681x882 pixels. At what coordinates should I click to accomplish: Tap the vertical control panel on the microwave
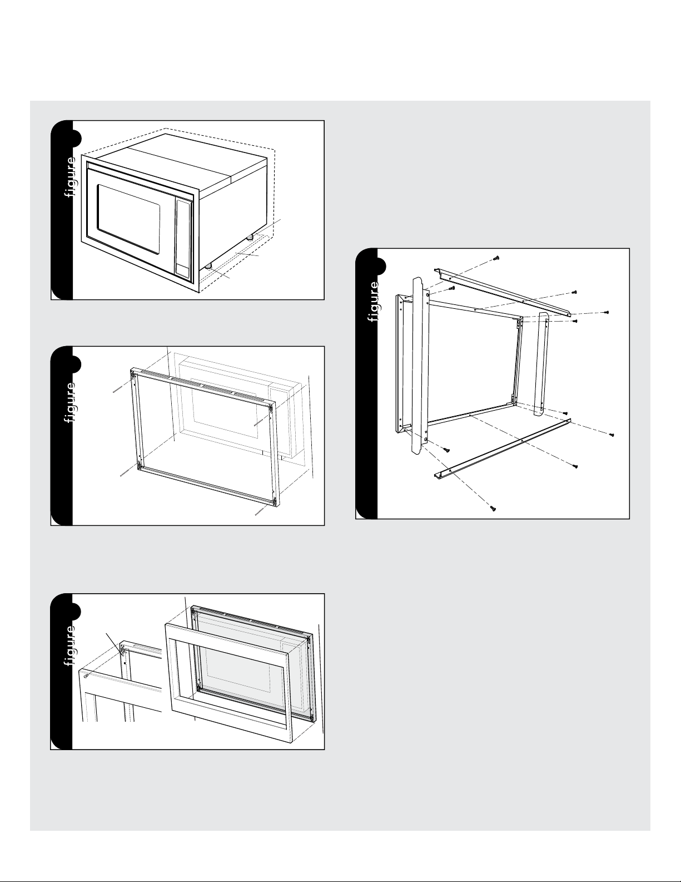[x=183, y=239]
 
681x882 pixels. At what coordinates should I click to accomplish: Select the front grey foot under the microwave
[x=209, y=266]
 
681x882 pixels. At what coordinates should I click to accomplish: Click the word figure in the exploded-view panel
[x=374, y=302]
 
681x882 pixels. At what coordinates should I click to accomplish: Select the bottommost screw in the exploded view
[x=493, y=508]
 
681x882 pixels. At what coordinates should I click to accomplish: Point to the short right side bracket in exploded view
[x=543, y=364]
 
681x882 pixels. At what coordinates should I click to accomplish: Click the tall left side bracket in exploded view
[x=420, y=366]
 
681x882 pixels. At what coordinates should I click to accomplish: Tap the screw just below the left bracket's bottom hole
[x=446, y=450]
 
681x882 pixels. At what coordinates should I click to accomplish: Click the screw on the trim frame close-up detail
[x=86, y=676]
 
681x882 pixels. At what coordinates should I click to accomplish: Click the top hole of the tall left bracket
[x=428, y=292]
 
